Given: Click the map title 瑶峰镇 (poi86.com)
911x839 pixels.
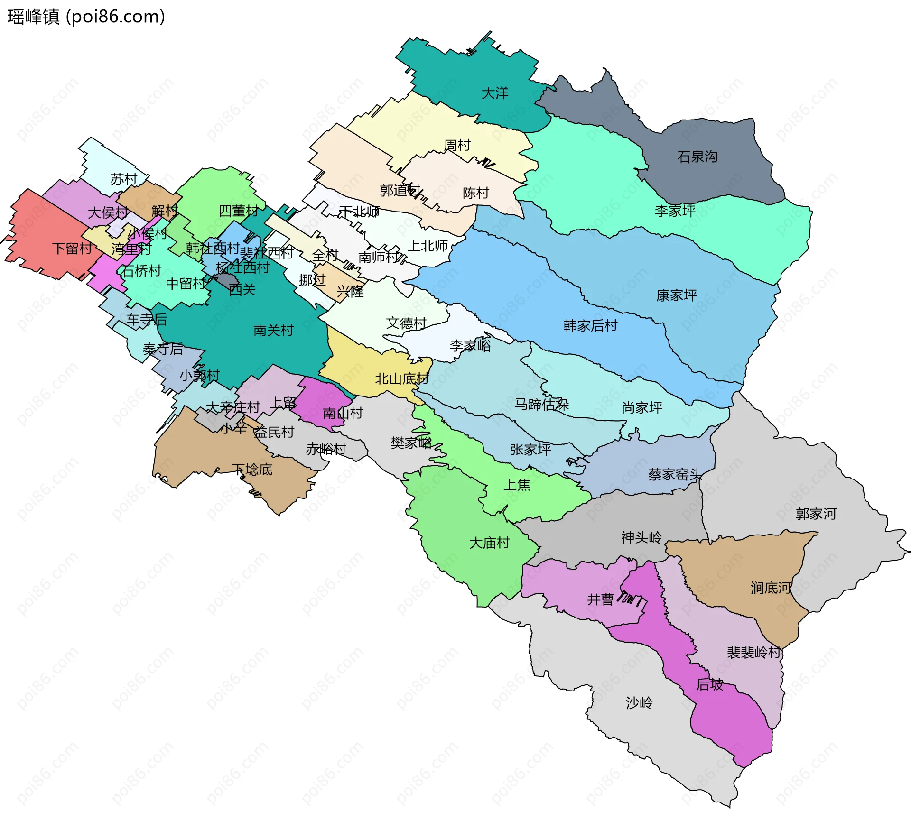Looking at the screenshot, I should coord(86,17).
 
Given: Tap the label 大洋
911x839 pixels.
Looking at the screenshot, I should coord(494,93).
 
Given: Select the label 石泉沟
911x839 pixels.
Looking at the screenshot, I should coord(697,157).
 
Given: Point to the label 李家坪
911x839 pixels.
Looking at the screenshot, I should coord(675,211).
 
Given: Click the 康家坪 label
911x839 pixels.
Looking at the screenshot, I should coord(676,295).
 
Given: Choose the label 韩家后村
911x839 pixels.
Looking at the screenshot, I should coord(590,325).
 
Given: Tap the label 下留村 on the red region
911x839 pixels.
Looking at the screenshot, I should coord(72,248).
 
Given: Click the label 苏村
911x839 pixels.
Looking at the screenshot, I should coord(123,179).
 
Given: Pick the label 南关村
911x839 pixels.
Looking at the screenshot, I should coord(273,330).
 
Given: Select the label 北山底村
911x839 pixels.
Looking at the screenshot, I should coord(401,378).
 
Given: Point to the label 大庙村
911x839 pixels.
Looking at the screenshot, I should coord(489,543).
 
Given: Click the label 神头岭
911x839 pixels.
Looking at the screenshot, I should coord(641,537).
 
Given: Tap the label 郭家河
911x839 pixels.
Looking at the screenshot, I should coord(816,514).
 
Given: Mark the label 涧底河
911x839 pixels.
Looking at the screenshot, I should coord(771,588).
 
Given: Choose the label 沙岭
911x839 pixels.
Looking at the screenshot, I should coord(639,702).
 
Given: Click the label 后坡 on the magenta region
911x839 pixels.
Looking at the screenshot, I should coord(709,684).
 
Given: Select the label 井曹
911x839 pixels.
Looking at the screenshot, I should coord(600,599).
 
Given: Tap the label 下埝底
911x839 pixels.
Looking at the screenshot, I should coord(252,470).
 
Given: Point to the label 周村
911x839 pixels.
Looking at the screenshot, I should coord(456,145).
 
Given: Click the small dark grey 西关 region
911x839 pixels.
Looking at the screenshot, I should coord(226,279).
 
